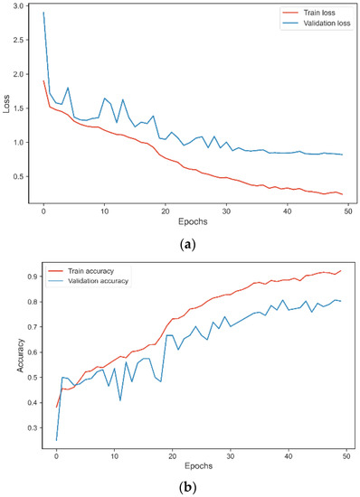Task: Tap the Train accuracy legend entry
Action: (x=90, y=271)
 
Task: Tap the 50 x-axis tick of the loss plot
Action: (x=349, y=210)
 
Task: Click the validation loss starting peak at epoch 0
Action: (x=43, y=13)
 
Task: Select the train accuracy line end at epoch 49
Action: (x=340, y=271)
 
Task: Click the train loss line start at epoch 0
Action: (x=43, y=81)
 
